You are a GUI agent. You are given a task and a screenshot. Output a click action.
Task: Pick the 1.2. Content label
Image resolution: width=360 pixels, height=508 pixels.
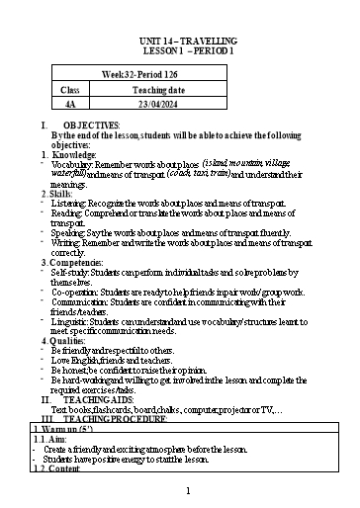point(55,467)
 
